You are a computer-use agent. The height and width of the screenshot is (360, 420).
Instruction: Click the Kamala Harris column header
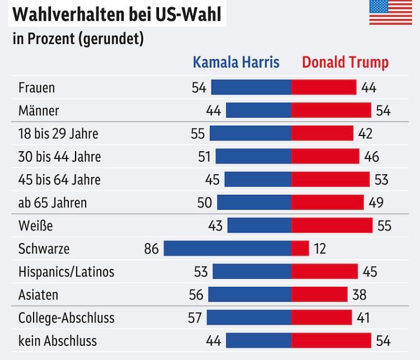(x=236, y=62)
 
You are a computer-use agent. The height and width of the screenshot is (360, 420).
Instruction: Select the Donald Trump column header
(x=345, y=62)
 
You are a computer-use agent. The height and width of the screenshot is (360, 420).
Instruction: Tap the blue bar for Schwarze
(x=227, y=249)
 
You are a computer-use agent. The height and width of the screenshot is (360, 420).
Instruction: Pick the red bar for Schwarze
(x=300, y=249)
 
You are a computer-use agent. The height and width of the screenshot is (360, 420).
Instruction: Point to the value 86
(x=152, y=249)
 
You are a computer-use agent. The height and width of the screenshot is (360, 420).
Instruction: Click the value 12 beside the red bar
(x=320, y=249)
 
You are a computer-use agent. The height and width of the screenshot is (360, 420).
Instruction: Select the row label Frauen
(x=36, y=88)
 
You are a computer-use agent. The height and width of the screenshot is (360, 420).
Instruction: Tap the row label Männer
(x=39, y=111)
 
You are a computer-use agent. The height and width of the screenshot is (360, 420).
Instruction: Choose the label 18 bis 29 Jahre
(x=58, y=134)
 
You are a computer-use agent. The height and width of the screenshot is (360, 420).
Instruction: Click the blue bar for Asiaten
(x=250, y=294)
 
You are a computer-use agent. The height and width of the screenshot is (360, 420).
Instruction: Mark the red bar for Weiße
(x=332, y=226)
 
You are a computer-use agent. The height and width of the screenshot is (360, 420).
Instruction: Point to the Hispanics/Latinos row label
(x=66, y=272)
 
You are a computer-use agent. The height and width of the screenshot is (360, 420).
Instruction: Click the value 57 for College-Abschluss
(x=195, y=318)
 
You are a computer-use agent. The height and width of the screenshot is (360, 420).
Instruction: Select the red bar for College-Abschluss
(x=321, y=318)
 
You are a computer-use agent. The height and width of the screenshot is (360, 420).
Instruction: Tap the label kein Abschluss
(x=58, y=341)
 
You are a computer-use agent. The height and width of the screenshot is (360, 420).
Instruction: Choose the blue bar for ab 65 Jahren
(x=254, y=203)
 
